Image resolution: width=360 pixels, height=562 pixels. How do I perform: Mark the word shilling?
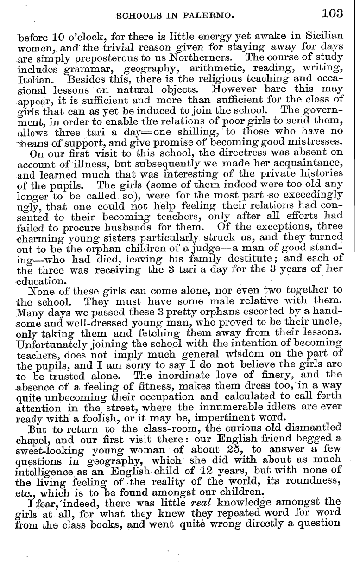pos(191,131)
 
